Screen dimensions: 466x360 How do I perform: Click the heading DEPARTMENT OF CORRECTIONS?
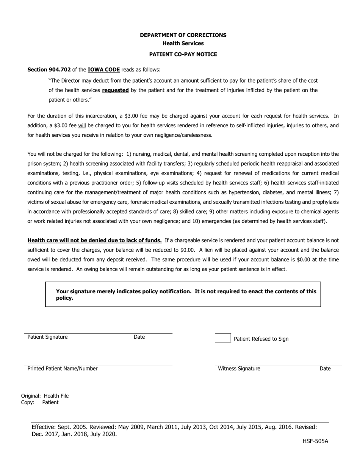(183, 35)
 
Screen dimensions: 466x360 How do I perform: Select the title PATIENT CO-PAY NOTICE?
(183, 54)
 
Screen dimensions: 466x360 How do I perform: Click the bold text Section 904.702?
(49, 70)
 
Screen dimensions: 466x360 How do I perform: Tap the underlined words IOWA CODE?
(104, 70)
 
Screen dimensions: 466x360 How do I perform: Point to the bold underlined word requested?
(115, 91)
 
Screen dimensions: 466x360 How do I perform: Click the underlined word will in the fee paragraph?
(82, 125)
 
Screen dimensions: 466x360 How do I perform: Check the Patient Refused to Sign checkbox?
(223, 338)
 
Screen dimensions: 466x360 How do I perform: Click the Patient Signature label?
(47, 337)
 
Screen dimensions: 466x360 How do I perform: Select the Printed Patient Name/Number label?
(63, 369)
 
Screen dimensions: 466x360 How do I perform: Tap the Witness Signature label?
(239, 369)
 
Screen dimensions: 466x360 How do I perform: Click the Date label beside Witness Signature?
(325, 369)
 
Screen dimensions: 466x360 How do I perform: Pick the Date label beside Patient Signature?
(139, 337)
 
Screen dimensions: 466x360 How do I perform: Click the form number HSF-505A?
(315, 441)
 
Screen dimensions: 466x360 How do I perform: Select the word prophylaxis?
(325, 202)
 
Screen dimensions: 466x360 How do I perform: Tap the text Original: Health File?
(45, 396)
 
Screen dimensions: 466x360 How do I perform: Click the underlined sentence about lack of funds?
(94, 240)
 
